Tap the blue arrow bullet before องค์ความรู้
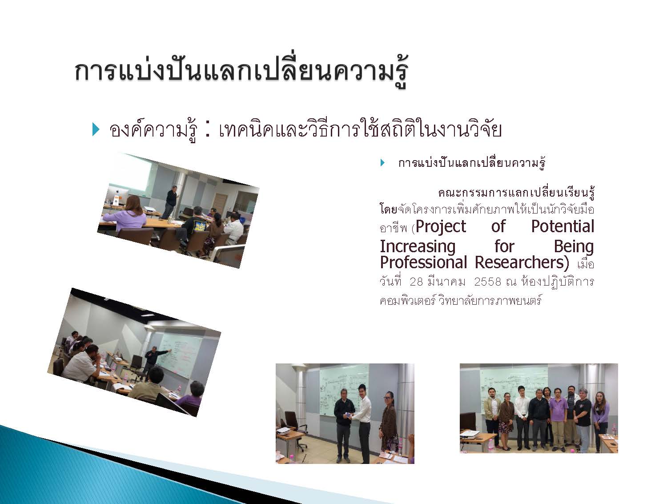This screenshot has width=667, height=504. point(96,130)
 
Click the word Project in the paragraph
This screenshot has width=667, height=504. point(441,227)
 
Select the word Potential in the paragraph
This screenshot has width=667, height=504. point(563,226)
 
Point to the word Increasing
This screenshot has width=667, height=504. point(418,247)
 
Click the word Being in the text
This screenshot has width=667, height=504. point(574,247)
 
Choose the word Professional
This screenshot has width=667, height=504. point(423,262)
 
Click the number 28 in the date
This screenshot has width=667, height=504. point(416,282)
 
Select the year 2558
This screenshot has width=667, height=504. point(487,282)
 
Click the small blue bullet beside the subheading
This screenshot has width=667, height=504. point(382,163)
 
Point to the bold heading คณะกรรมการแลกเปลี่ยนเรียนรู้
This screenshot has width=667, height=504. point(516,193)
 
